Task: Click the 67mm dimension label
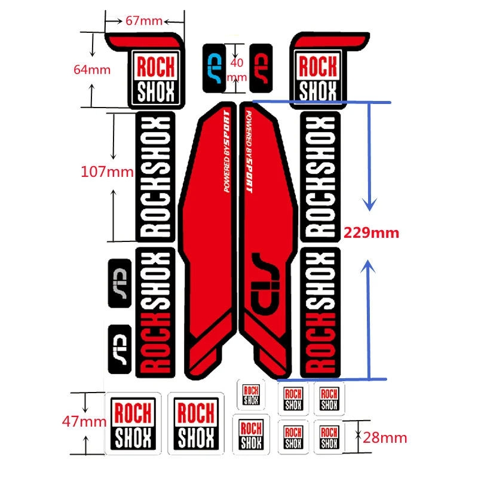144,21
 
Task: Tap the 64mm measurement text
92,69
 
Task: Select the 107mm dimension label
107,172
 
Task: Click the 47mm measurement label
84,421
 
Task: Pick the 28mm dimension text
385,438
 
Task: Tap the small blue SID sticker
214,69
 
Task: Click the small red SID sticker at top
261,69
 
